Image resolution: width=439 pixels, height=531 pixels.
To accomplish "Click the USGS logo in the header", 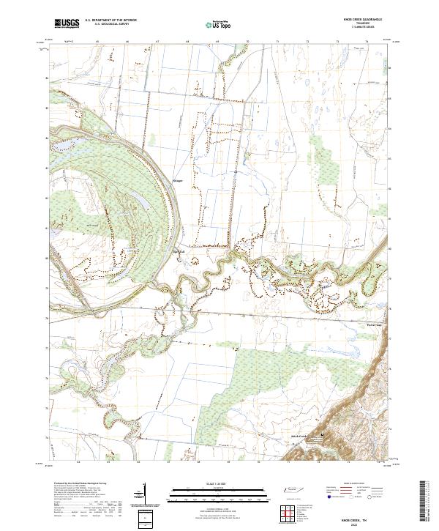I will point(67,23).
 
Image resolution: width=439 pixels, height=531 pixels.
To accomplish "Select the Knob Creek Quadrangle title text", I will point(359,20).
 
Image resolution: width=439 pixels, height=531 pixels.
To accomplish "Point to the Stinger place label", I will point(179,179).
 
